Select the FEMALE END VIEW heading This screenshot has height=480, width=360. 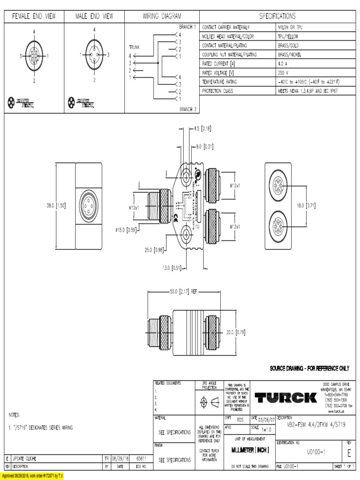coord(34,16)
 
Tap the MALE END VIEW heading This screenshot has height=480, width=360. coord(94,16)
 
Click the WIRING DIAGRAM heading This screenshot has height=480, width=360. coord(162,16)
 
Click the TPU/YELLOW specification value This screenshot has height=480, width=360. coord(288,36)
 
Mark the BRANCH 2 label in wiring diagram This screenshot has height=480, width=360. coord(188,109)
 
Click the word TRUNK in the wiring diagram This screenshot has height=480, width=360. coord(135,47)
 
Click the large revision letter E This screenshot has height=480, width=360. coord(349,453)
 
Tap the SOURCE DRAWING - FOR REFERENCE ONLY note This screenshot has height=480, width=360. coord(309,368)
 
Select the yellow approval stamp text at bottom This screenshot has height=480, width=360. coord(32,476)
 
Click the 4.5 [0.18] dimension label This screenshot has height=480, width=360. coord(203,127)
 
